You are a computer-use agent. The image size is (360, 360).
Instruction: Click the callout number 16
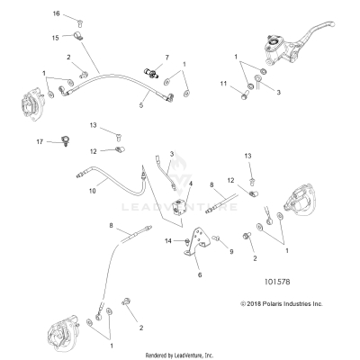pyautogui.click(x=55, y=15)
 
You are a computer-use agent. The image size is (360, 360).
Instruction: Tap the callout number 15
pyautogui.click(x=55, y=37)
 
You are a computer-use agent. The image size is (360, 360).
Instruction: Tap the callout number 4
pyautogui.click(x=189, y=184)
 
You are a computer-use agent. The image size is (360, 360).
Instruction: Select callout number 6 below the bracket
pyautogui.click(x=200, y=275)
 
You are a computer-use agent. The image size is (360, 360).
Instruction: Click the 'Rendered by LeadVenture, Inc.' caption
pyautogui.click(x=180, y=355)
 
